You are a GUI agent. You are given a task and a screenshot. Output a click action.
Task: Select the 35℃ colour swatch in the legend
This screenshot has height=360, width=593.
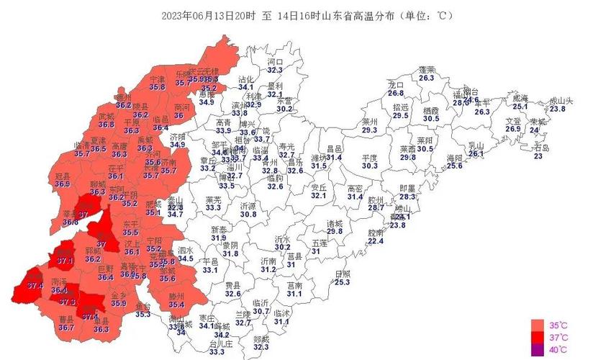536,323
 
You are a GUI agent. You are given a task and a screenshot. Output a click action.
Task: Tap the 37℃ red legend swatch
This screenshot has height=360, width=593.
536,337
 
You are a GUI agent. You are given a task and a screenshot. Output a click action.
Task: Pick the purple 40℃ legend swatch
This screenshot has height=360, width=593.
536,350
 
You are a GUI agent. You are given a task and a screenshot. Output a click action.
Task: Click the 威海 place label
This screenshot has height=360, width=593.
520,98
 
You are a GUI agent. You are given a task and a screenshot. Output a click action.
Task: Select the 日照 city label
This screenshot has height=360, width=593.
343,274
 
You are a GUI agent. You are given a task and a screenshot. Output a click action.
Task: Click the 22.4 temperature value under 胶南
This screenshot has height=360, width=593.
376,241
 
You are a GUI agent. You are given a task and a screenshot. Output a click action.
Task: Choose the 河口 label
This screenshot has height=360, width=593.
275,62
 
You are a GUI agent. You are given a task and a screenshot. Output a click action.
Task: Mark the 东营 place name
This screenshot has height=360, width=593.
284,101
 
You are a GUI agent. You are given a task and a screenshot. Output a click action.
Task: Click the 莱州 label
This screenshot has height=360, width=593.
370,121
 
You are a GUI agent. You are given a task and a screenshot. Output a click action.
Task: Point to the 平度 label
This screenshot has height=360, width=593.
370,157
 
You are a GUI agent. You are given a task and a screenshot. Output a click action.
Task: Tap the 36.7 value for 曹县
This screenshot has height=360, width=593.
66,328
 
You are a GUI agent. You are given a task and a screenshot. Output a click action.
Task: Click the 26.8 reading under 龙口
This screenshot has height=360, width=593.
396,94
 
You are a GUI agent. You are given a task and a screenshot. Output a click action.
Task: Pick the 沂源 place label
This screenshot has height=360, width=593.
248,205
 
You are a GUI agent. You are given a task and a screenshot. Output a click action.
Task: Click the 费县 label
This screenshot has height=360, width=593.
232,285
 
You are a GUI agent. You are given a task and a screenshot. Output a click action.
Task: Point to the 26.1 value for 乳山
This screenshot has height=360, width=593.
476,153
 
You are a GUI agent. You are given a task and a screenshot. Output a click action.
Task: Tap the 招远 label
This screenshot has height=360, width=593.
400,107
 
